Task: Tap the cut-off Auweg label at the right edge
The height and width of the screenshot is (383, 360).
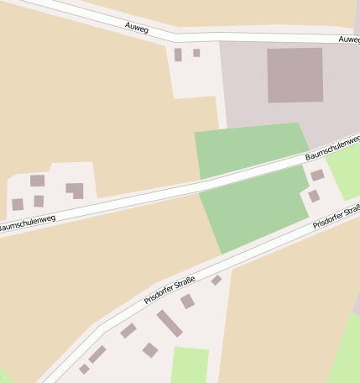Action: [349, 39]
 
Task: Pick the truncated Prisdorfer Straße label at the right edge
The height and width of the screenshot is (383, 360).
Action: [337, 217]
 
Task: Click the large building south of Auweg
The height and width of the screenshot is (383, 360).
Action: [295, 75]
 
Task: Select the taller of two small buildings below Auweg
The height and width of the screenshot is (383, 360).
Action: [178, 55]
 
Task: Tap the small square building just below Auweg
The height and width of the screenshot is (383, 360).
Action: [196, 53]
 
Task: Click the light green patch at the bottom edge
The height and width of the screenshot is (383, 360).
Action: [190, 365]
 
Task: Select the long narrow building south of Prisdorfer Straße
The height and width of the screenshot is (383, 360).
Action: [170, 323]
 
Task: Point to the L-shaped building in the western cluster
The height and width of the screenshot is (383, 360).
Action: [76, 190]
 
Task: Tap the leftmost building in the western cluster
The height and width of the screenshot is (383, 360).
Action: [18, 204]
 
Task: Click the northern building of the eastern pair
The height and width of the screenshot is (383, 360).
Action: [317, 176]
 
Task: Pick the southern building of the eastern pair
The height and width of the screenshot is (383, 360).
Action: [313, 196]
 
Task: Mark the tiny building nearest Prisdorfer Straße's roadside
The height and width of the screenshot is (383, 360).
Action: [217, 280]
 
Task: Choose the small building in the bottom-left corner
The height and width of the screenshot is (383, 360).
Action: [85, 368]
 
